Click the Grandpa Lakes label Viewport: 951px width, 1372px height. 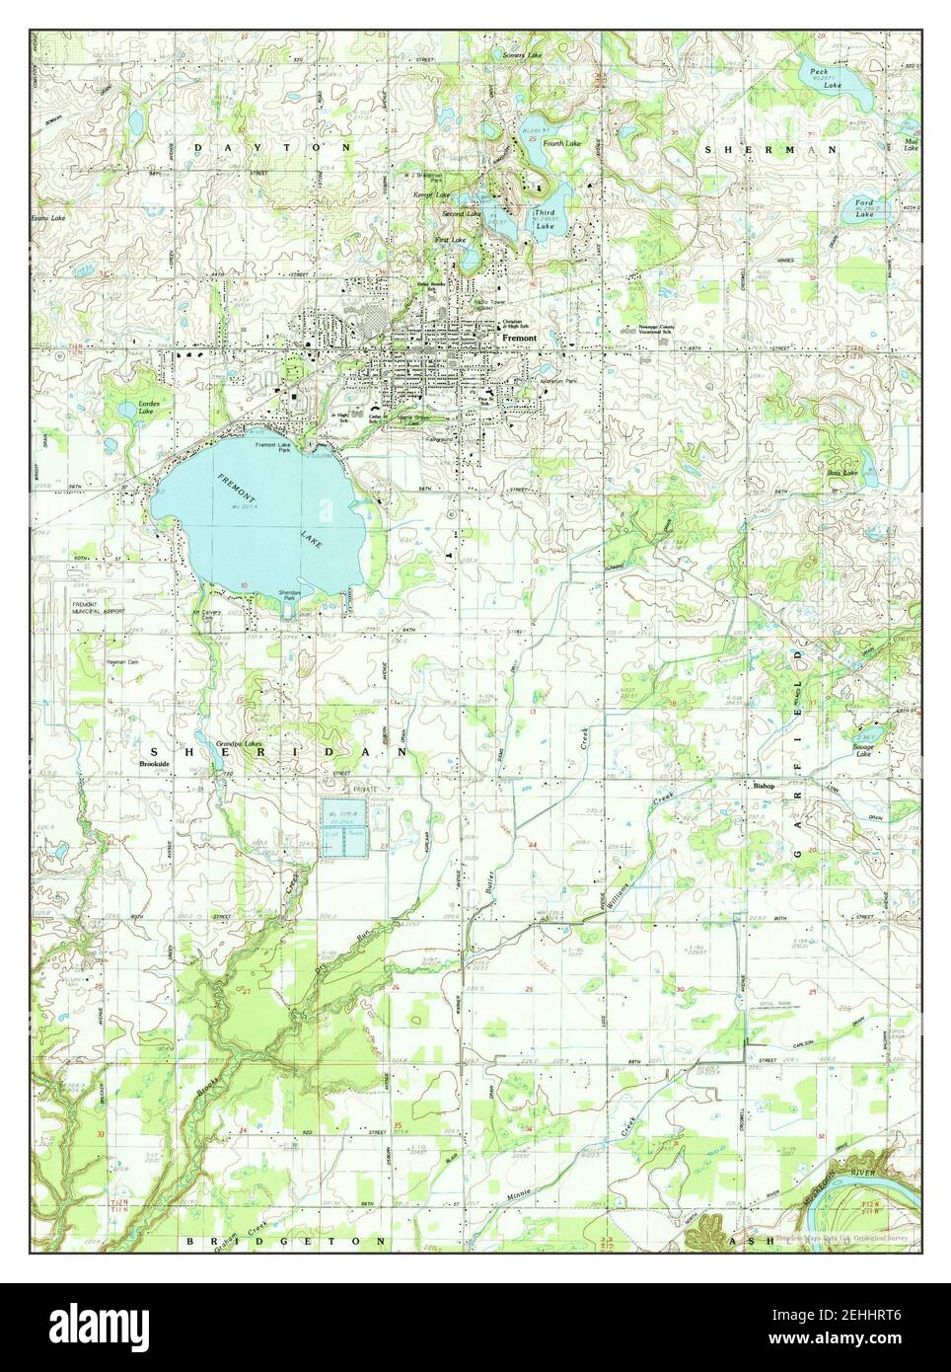pyautogui.click(x=240, y=741)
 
